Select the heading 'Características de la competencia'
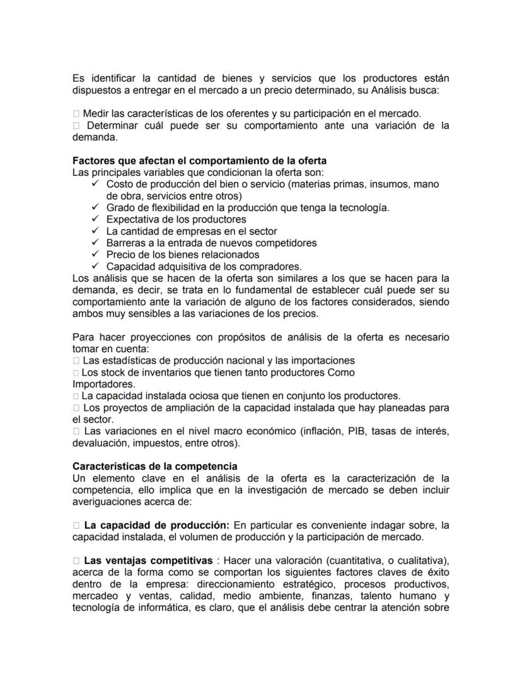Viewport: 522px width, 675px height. [x=155, y=466]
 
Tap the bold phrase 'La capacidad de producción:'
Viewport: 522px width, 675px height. [x=156, y=525]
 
